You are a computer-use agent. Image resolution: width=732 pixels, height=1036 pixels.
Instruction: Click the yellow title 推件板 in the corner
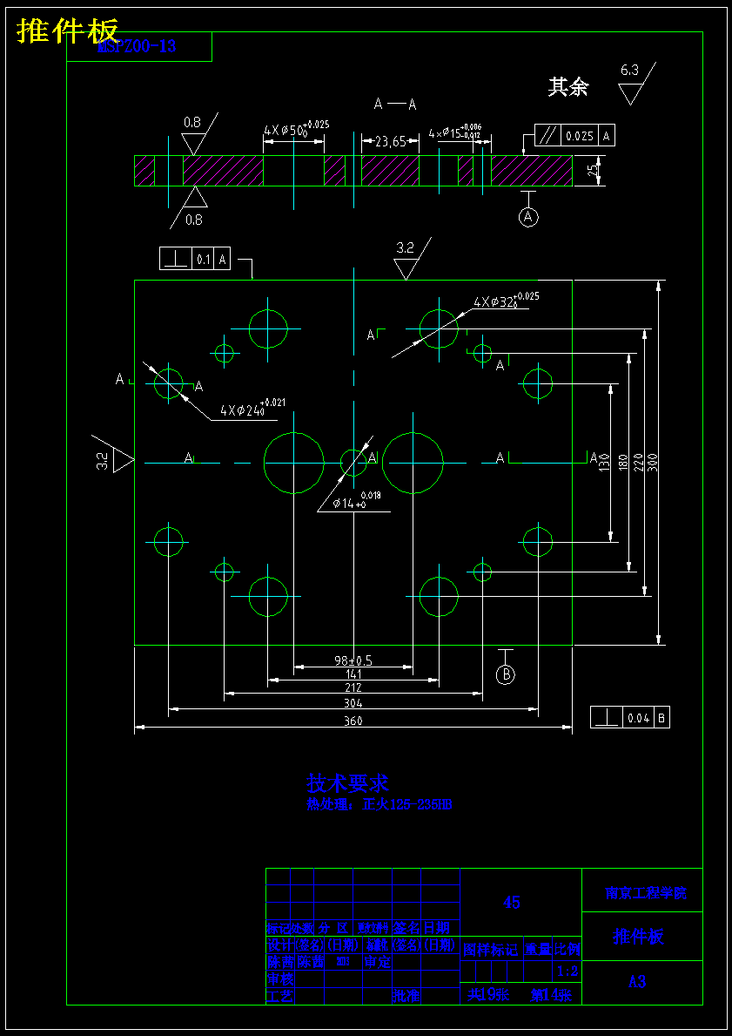point(67,30)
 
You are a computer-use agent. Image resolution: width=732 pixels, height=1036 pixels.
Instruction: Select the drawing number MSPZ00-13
point(137,47)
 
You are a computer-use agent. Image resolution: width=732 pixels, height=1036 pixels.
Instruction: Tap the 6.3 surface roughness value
point(629,70)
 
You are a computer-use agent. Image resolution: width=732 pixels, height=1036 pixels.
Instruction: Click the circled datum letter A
point(529,217)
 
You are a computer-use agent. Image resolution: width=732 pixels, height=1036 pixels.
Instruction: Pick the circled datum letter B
point(506,674)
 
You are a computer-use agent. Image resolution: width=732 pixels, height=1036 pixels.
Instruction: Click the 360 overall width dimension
point(353,721)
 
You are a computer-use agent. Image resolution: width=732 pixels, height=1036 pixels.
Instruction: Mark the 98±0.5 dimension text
point(353,660)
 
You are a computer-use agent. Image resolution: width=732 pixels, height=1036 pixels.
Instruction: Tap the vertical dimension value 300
point(654,463)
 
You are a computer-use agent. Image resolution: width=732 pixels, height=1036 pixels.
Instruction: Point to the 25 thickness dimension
point(593,171)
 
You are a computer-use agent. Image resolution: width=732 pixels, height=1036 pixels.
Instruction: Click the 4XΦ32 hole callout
point(505,301)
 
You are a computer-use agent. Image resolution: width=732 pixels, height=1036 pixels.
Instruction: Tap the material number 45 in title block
point(512,903)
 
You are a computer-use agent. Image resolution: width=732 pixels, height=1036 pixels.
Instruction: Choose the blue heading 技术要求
point(347,782)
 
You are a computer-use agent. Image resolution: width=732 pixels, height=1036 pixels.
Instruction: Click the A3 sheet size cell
point(637,981)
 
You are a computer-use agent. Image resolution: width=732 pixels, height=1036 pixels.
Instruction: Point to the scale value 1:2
point(567,971)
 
